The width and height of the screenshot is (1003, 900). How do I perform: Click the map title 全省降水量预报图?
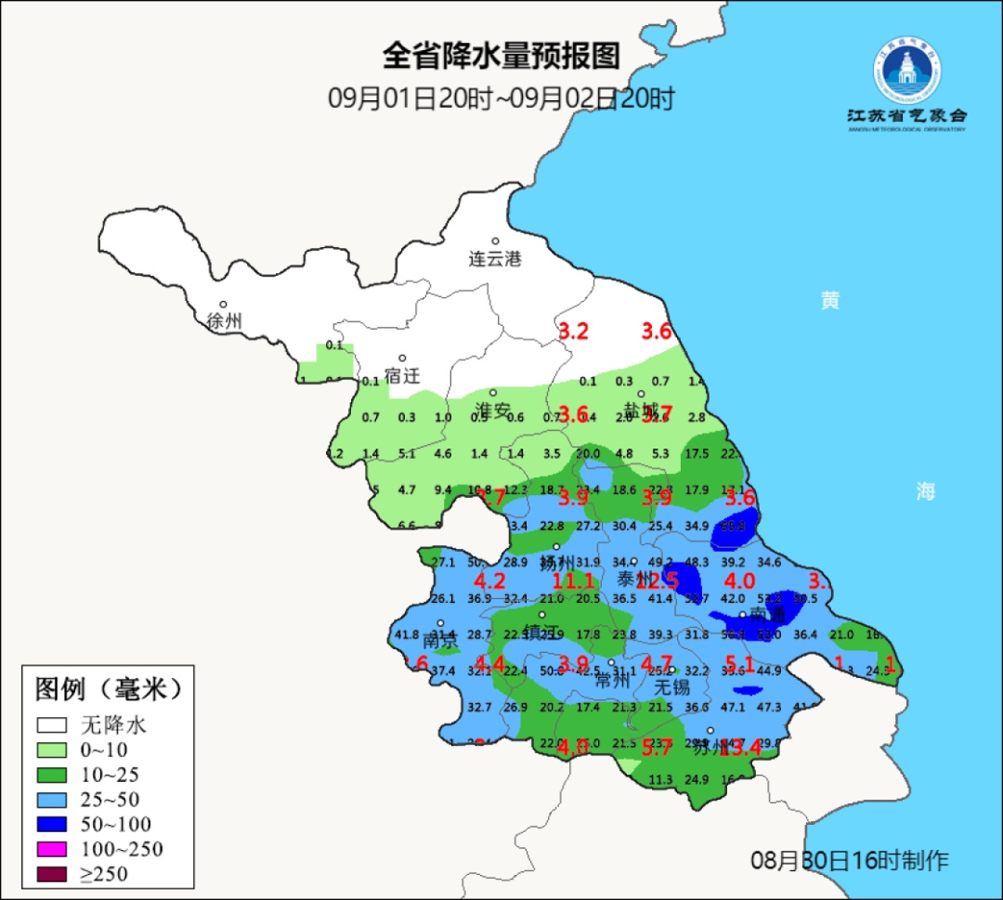click(501, 57)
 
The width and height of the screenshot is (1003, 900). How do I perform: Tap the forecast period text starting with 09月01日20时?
click(501, 98)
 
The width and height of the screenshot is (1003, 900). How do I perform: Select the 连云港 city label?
click(494, 259)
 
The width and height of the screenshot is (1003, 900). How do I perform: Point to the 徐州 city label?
click(224, 321)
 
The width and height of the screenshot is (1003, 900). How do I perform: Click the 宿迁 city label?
click(402, 376)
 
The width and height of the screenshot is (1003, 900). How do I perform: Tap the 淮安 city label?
click(493, 410)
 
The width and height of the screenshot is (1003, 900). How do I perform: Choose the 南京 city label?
click(441, 642)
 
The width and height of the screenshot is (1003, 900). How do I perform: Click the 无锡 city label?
click(672, 687)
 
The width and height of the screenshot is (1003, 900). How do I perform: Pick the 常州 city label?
click(613, 680)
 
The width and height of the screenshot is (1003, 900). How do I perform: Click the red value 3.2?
click(573, 332)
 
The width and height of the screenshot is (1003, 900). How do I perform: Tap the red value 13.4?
click(740, 748)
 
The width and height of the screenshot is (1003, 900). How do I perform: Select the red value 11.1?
click(572, 582)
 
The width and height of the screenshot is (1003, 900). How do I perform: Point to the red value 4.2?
click(489, 582)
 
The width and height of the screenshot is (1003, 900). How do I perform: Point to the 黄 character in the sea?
click(829, 301)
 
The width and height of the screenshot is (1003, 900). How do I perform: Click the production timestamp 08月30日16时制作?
click(849, 860)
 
